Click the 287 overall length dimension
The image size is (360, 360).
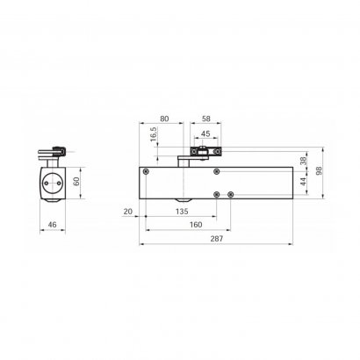(x=217, y=239)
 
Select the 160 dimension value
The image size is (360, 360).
(x=196, y=225)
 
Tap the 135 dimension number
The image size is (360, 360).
(x=182, y=212)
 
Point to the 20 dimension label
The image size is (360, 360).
(x=128, y=212)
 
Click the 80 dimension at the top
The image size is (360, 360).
(x=164, y=119)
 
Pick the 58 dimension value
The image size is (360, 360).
(x=206, y=119)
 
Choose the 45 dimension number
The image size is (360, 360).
(x=206, y=133)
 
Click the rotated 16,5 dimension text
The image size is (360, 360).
(x=155, y=134)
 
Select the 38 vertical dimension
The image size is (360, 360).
(x=304, y=161)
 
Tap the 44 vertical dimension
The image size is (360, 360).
(x=304, y=182)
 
